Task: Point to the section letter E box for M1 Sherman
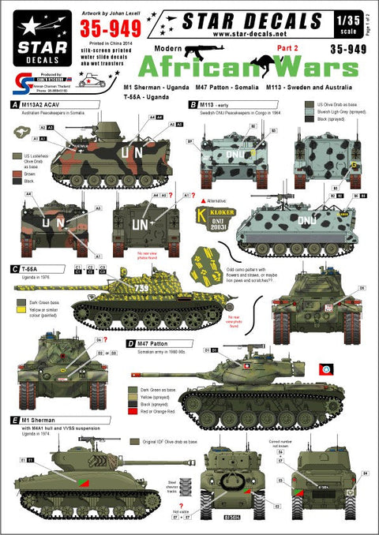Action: point(17,422)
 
